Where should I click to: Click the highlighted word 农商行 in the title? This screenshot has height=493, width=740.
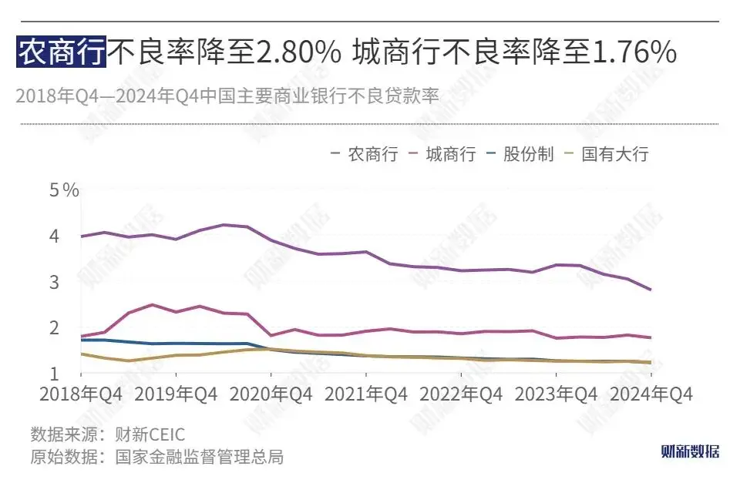coord(61,52)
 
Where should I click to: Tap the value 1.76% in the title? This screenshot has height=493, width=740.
coord(634,52)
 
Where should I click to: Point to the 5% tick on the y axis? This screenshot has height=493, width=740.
coord(65,190)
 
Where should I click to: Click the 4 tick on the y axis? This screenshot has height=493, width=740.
coord(55,236)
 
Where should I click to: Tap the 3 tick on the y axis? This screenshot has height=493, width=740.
coord(55,282)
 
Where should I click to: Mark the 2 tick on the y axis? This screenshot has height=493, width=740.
coord(55,328)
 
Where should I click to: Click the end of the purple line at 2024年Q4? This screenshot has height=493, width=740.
coord(651,290)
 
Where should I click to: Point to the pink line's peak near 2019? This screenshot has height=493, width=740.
coord(153,305)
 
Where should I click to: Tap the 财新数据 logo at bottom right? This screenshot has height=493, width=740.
coord(690,451)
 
